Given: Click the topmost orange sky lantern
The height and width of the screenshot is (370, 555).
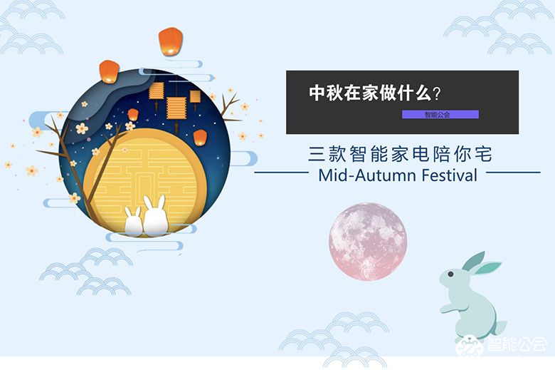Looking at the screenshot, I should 171,41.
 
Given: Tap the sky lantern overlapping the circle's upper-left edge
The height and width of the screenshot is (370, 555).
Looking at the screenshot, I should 109,70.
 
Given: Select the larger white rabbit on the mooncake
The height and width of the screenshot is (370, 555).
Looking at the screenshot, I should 155,216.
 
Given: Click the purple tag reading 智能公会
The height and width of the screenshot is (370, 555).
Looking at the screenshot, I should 440,114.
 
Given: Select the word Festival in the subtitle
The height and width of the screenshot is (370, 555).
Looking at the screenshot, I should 448,175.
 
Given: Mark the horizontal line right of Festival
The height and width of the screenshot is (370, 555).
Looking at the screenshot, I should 512,173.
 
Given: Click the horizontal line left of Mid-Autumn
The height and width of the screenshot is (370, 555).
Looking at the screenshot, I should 280,173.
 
